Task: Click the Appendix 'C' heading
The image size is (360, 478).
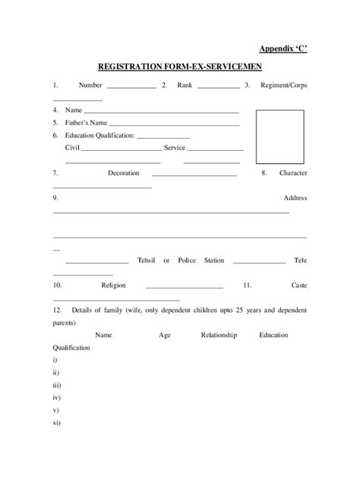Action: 283,49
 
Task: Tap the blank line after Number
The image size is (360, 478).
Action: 131,89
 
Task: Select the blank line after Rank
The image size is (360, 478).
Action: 218,89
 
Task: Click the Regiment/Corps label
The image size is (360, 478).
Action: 283,86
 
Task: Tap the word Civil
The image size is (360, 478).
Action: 73,147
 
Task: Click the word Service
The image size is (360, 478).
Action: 175,147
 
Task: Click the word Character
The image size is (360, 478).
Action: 293,173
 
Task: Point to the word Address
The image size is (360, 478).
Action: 295,197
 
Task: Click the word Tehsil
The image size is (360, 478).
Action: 147,260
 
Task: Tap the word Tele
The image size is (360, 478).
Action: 300,260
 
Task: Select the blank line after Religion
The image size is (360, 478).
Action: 184,288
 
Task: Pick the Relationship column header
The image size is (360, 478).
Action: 219,335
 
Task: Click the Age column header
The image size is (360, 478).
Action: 165,335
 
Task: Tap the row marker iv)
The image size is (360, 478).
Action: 56,397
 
